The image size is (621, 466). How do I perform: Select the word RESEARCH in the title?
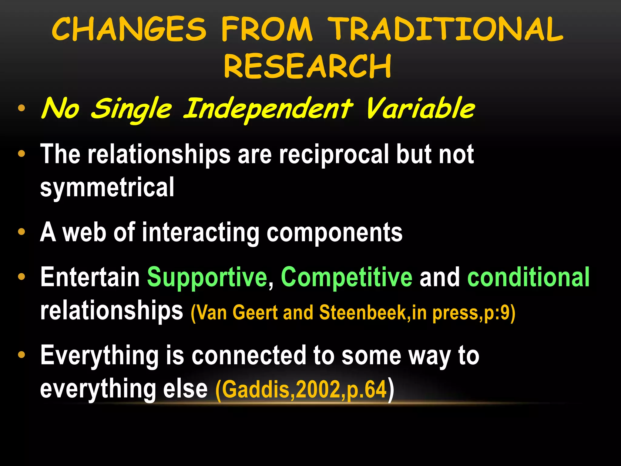coord(307,66)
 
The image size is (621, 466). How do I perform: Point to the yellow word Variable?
coord(420,108)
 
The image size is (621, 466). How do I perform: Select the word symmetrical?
coord(107,187)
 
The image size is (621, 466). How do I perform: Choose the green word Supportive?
coord(207,277)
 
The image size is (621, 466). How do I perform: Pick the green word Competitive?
coord(346,277)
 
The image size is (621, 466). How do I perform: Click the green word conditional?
coord(529,277)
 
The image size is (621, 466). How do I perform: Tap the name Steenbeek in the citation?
coord(362,312)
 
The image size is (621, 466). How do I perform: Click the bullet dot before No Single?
coord(21,108)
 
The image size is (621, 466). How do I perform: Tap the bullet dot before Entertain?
coord(21,277)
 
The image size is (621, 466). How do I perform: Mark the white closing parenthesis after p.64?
coord(391,389)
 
